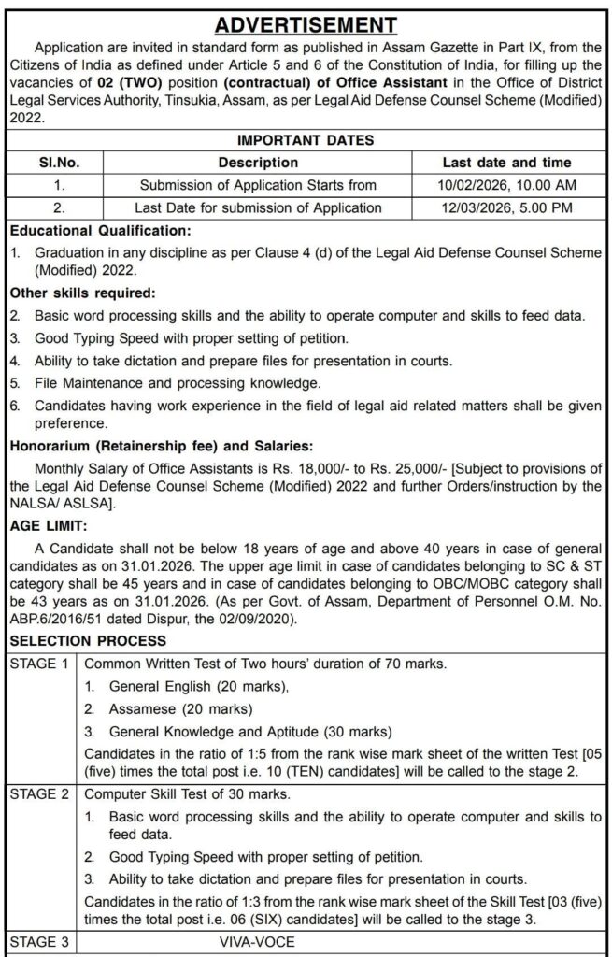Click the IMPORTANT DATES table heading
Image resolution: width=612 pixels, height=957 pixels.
tap(306, 140)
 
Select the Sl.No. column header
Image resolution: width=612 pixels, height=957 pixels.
tap(58, 163)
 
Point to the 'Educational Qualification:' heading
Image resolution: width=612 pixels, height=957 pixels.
tap(100, 230)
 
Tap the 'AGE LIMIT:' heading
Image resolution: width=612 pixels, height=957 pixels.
tap(49, 526)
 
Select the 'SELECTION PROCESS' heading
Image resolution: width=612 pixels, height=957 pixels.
tap(88, 641)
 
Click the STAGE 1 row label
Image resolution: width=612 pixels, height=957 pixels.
tap(39, 664)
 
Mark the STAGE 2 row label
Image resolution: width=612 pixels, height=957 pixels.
tap(39, 795)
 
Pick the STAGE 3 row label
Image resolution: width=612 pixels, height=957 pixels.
tap(39, 942)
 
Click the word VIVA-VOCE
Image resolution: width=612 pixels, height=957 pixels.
tap(251, 942)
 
